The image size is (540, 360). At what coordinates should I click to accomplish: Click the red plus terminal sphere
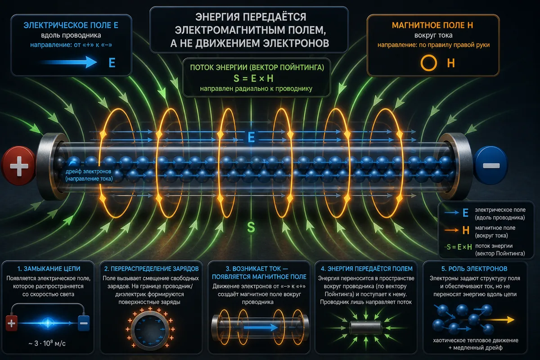pos(19,166)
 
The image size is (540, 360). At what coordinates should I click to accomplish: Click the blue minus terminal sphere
pos(491,166)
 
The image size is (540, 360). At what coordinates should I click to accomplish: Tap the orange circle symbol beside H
pos(428,63)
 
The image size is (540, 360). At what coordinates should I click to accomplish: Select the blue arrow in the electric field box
pos(69,62)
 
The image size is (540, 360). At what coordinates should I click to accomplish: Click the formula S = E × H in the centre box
pos(254,78)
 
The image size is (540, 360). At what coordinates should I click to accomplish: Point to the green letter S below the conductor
pos(251,227)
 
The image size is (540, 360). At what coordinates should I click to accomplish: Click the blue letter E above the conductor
pos(251,138)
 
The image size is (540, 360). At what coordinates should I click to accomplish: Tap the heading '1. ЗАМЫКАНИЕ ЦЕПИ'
pos(49,269)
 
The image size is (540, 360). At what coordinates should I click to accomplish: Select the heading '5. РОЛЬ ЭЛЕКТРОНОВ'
pos(474,269)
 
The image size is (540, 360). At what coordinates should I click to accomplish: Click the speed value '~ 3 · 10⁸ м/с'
pos(47,343)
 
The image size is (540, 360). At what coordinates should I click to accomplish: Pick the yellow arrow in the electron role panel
pos(499,320)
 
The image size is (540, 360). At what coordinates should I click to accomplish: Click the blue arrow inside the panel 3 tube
pos(261,328)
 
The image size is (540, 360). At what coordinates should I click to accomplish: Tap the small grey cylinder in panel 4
pos(366,328)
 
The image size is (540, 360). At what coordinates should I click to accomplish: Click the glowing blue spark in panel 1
pos(48,323)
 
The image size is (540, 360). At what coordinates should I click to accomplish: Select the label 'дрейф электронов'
pos(88,171)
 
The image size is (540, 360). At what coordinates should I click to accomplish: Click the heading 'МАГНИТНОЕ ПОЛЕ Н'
pos(432,25)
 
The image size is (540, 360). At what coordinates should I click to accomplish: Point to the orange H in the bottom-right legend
pos(466,230)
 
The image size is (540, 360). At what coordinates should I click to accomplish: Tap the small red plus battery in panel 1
pos(11,323)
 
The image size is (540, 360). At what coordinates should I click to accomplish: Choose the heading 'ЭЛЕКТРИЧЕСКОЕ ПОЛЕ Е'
pos(71,25)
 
